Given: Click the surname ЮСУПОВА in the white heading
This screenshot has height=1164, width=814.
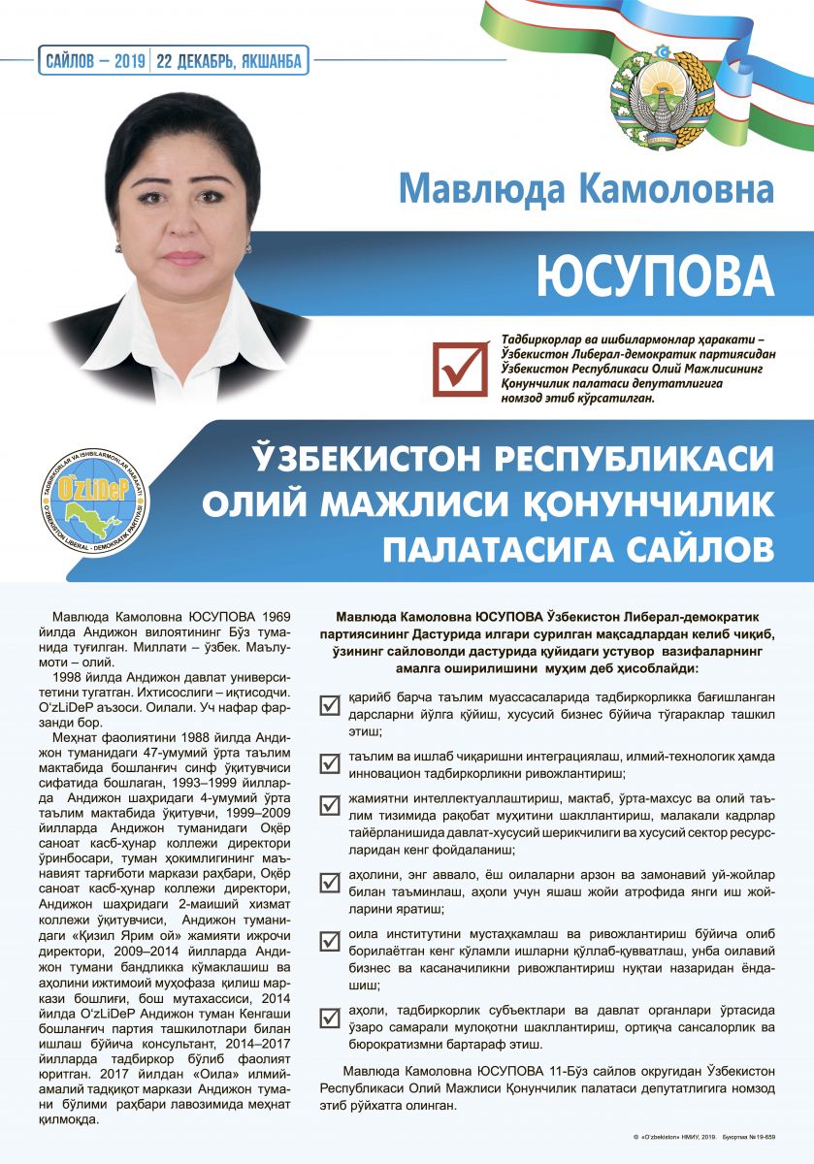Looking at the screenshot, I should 657,275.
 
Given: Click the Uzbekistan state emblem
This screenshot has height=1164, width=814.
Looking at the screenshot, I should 659,93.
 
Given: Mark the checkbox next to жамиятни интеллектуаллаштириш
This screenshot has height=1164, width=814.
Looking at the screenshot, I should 330,804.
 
